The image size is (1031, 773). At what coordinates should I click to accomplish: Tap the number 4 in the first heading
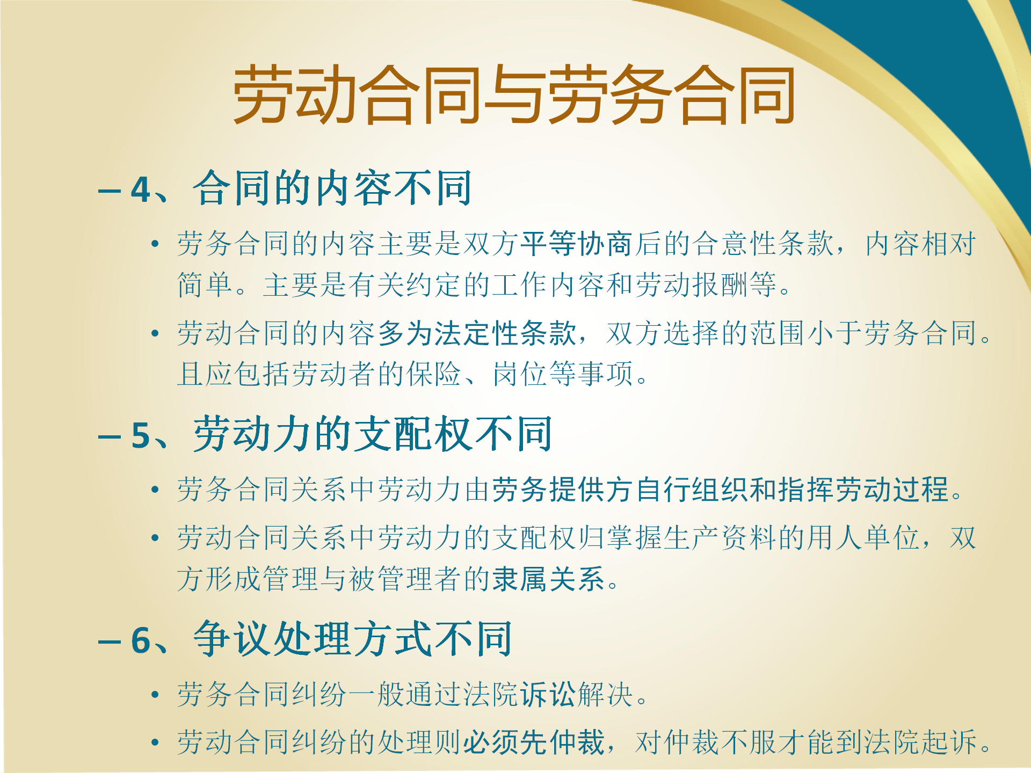[141, 189]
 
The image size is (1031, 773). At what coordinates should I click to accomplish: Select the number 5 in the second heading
[141, 435]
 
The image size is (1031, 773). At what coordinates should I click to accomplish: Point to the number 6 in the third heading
[141, 640]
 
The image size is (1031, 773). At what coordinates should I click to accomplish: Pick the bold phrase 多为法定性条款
[477, 333]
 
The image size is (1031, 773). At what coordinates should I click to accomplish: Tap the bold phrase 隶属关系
[549, 579]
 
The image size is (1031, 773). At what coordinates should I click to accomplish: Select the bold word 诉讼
[548, 694]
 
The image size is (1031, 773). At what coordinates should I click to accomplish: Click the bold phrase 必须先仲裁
[534, 742]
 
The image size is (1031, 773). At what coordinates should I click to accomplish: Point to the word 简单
[205, 285]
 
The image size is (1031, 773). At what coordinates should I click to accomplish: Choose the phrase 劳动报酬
[692, 285]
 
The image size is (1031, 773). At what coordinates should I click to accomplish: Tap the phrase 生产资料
[720, 537]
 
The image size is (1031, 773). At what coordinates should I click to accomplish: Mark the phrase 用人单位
[863, 537]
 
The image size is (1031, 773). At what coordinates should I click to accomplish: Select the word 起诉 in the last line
[948, 742]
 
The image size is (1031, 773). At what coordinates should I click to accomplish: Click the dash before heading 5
[110, 436]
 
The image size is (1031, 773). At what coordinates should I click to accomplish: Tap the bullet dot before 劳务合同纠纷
[155, 695]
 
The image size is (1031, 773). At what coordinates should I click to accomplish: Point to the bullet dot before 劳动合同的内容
[155, 333]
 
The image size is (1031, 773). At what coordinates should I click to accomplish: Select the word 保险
[434, 374]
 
